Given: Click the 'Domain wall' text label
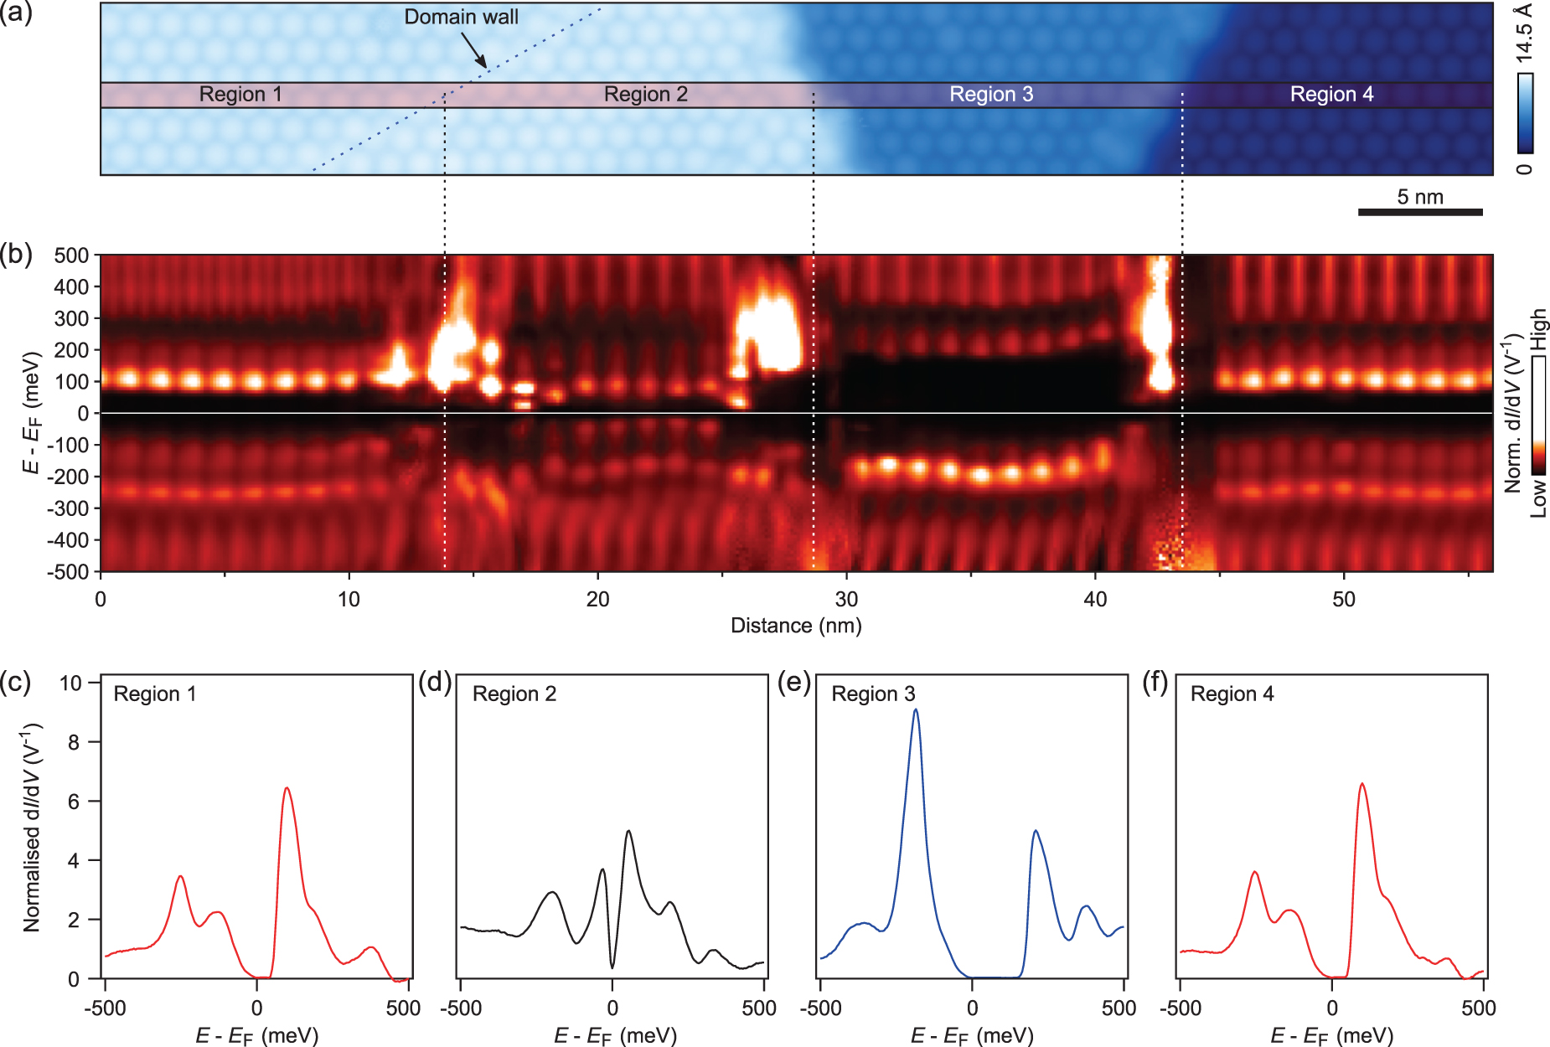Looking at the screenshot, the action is coord(461,17).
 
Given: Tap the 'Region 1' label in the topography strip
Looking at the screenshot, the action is coord(240,95).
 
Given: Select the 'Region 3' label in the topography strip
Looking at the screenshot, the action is coord(991,95).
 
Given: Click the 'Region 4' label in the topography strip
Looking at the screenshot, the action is coord(1331,95).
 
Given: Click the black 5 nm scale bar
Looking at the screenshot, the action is coord(1420,212).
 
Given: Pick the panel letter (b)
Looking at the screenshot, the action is coord(17,254).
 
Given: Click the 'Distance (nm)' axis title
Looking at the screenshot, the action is coord(796,626).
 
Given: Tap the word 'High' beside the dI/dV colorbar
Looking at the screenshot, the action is coord(1538,329).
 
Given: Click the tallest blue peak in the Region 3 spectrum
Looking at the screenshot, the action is coord(916,710).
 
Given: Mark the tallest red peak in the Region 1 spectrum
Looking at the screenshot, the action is coord(287,788).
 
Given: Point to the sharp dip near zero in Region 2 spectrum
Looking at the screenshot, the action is coord(612,967).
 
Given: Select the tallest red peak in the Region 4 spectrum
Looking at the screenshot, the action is coord(1361,784).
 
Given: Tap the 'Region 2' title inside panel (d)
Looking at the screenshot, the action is coord(514,694).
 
